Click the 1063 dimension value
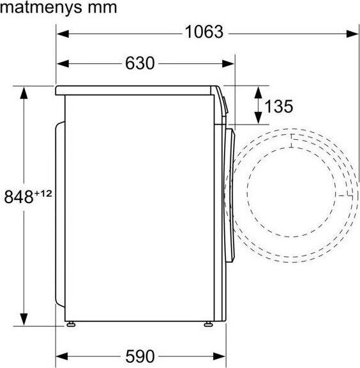(x=204, y=32)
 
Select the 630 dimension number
(x=140, y=63)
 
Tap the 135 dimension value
(x=279, y=106)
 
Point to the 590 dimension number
(x=140, y=356)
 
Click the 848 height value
(x=19, y=197)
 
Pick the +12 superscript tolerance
(x=43, y=194)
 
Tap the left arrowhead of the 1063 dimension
(x=63, y=34)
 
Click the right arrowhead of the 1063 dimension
(x=352, y=34)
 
